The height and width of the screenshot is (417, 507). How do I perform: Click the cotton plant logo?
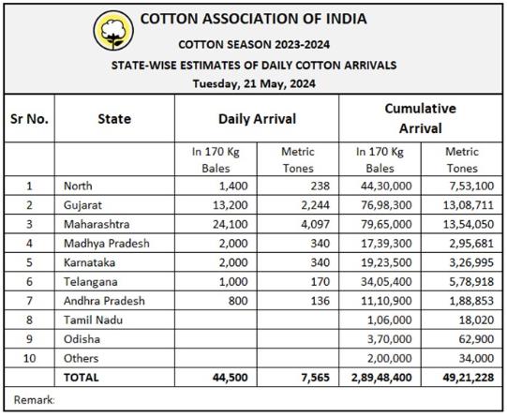(113, 30)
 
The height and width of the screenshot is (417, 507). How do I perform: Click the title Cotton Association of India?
(253, 19)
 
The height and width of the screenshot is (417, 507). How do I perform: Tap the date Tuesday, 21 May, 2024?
(254, 83)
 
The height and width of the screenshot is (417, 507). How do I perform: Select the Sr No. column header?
(29, 119)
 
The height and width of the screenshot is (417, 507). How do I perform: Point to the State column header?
(114, 119)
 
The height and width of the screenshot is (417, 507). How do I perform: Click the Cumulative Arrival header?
(421, 118)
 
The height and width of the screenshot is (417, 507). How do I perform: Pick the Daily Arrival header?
(257, 119)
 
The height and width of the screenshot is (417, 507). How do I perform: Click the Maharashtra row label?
(97, 224)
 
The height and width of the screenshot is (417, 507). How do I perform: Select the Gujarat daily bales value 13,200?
(231, 205)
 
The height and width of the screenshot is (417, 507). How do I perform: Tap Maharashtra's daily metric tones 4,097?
(315, 224)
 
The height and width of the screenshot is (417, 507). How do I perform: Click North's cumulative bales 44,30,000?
(386, 186)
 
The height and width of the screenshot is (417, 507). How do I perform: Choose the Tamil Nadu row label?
(93, 320)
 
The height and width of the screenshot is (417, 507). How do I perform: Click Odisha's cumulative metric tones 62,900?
(477, 339)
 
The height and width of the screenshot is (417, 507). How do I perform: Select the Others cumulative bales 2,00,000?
(390, 358)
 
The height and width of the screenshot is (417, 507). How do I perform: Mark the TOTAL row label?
(82, 378)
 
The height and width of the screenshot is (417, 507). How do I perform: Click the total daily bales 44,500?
(231, 378)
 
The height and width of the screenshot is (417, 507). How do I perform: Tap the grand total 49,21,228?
(469, 378)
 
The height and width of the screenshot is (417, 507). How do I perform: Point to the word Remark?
(34, 400)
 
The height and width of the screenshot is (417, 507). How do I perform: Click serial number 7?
(29, 301)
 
